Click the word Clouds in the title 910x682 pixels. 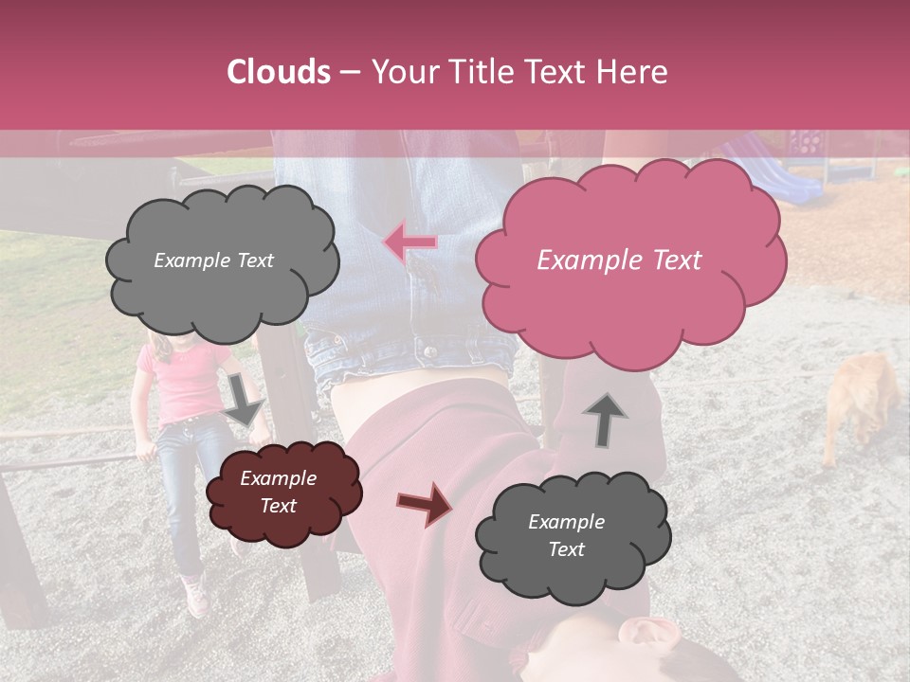point(278,72)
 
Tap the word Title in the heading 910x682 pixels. point(482,72)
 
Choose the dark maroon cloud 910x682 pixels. point(282,494)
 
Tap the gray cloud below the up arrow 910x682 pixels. point(572,536)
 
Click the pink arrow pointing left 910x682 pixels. point(409,242)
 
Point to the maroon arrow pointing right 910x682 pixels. point(425,503)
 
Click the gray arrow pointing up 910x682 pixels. point(606,418)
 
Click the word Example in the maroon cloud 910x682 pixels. point(278,479)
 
